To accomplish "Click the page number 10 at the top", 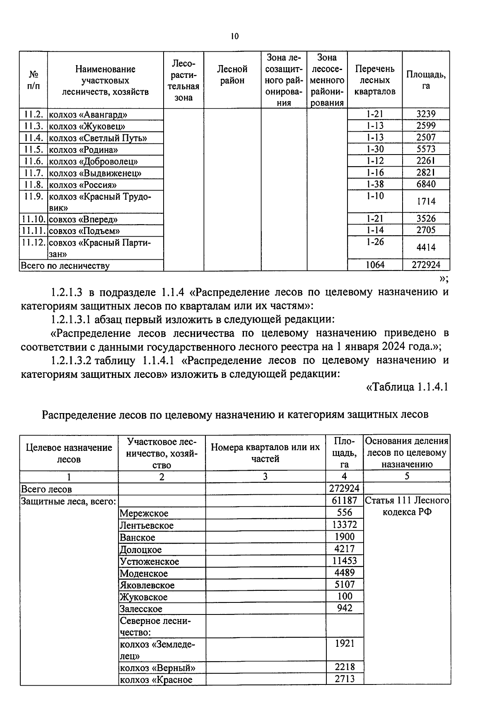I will coord(234,36).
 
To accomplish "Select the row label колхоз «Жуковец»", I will coord(87,126).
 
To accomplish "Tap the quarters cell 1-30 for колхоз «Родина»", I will coord(375,149).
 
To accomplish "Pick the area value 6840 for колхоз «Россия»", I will coord(426,184).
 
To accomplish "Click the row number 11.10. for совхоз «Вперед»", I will coord(34,219).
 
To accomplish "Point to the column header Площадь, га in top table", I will coord(426,80).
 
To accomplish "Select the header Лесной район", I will coord(232,75).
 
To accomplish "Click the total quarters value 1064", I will coord(375,265).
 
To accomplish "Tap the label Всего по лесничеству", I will coord(65,266).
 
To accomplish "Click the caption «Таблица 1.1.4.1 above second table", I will coord(408,387).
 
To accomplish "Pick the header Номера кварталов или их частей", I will coord(265,453).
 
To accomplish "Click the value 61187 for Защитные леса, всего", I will coord(344,501).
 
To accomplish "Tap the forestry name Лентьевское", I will coord(147,525).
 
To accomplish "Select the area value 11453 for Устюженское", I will coord(344,561).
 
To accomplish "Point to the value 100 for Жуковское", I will coord(344,597).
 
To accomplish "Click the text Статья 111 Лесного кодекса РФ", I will coord(407,506).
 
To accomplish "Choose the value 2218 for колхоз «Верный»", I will coord(344,667).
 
